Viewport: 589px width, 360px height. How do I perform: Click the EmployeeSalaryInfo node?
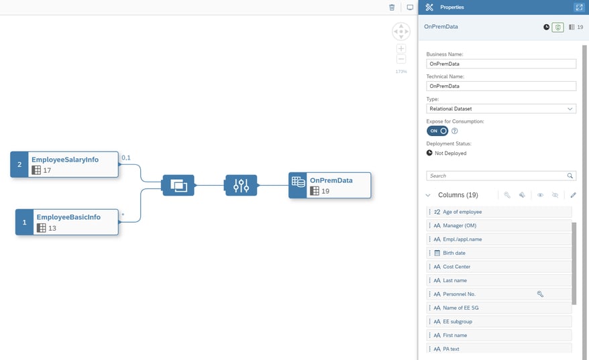(x=64, y=164)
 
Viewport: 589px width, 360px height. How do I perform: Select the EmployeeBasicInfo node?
(x=67, y=222)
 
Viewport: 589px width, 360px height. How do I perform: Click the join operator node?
(x=178, y=185)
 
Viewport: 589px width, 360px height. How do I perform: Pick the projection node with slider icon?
(x=241, y=185)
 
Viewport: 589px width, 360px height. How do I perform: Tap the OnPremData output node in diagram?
(x=330, y=185)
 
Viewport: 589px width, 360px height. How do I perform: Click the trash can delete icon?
(x=392, y=7)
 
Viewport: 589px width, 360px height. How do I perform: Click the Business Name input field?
(x=501, y=64)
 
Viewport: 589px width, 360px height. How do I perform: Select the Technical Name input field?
(x=501, y=86)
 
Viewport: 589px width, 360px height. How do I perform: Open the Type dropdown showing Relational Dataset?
(x=501, y=108)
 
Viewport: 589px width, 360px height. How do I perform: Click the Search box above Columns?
(x=496, y=176)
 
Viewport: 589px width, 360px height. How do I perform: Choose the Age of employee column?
(x=499, y=212)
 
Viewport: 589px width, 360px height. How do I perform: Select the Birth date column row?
(x=499, y=253)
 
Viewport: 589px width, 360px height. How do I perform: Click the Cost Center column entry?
(x=499, y=267)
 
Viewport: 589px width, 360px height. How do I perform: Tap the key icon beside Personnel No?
(x=540, y=294)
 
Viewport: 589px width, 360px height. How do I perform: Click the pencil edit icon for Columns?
(x=573, y=195)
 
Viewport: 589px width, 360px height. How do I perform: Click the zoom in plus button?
(x=401, y=49)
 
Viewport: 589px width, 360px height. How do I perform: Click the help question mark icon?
(x=454, y=131)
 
